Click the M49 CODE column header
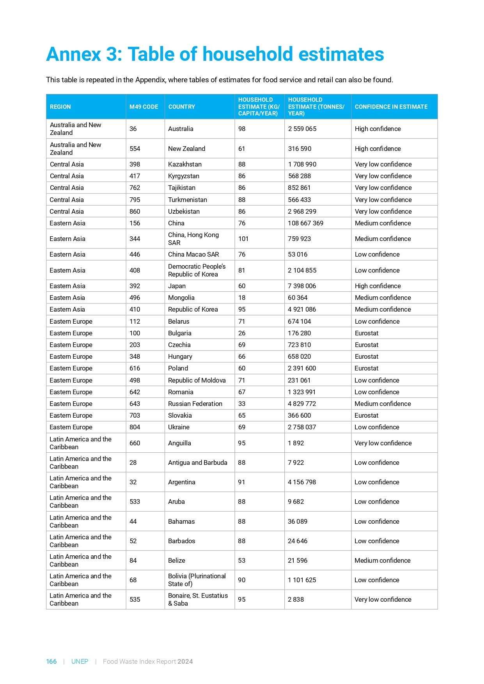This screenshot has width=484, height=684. [x=144, y=107]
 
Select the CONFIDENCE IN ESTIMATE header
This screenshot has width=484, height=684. [x=391, y=107]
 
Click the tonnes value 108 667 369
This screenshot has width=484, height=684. [x=305, y=223]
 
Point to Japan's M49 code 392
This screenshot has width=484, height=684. [x=135, y=286]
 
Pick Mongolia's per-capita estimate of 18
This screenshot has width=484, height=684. [x=241, y=298]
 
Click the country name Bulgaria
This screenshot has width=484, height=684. [x=179, y=333]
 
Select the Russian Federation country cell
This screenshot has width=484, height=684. [x=195, y=404]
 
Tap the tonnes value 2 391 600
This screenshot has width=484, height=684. [x=302, y=368]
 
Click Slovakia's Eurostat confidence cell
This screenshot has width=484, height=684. [x=366, y=415]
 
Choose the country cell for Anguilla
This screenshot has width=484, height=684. [x=179, y=443]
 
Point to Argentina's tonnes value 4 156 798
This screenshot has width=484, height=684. [x=302, y=482]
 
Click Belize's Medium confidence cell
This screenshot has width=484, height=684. [x=382, y=560]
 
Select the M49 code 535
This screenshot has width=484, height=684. [x=135, y=599]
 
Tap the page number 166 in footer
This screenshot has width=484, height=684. [x=51, y=661]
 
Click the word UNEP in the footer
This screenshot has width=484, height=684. [x=80, y=661]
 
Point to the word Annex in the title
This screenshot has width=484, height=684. [x=73, y=54]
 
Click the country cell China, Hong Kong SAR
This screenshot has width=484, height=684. [x=193, y=239]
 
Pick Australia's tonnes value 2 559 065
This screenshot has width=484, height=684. [x=302, y=129]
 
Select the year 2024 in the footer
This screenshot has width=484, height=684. [x=185, y=661]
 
